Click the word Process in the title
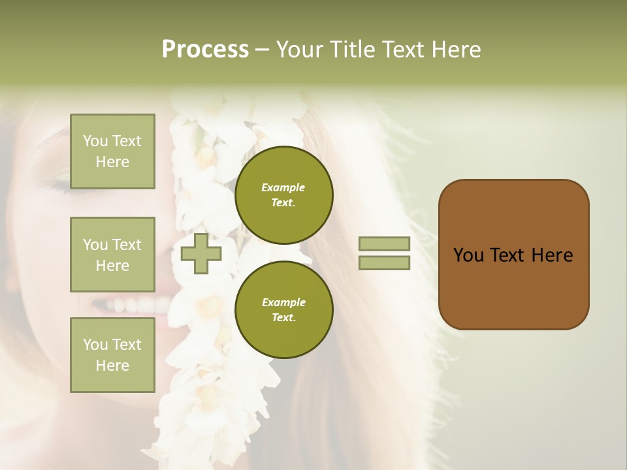205,50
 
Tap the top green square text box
112,151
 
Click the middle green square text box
112,255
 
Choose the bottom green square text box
112,355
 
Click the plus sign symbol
201,254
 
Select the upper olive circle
283,195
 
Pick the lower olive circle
283,309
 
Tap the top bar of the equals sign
384,244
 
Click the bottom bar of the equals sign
384,262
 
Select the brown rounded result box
513,254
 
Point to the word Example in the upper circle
283,187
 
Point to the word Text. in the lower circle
283,317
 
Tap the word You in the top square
95,141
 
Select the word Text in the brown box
507,255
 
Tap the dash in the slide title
263,50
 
